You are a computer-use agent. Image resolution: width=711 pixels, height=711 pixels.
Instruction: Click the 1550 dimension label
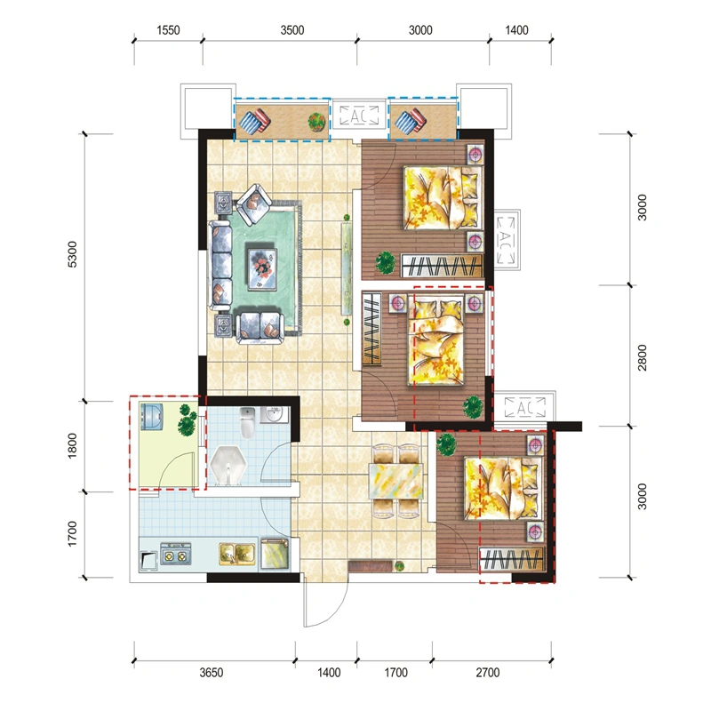(168, 30)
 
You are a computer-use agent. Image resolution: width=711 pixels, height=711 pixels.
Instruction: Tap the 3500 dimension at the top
(292, 30)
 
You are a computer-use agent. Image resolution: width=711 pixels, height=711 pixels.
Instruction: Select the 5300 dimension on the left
(72, 254)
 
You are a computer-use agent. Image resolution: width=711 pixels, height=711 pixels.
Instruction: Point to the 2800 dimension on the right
(642, 357)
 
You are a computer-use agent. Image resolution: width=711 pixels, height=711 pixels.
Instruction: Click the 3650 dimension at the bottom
(212, 673)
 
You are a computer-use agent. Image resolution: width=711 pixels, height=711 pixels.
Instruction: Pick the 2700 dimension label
(487, 673)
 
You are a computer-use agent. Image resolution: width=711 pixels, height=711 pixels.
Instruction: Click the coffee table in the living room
(262, 268)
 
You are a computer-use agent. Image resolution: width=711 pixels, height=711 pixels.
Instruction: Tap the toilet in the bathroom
(247, 422)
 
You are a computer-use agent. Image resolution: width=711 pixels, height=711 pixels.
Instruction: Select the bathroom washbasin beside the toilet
(274, 414)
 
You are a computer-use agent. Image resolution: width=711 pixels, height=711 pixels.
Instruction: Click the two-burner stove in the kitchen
(175, 554)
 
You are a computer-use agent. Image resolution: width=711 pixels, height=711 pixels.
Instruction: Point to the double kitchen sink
(237, 554)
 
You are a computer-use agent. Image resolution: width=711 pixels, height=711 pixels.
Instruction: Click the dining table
(395, 481)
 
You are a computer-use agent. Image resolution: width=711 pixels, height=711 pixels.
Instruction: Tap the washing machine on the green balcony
(151, 416)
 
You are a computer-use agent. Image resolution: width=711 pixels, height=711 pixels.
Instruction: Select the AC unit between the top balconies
(359, 116)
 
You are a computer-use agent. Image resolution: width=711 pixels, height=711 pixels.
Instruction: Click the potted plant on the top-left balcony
(316, 122)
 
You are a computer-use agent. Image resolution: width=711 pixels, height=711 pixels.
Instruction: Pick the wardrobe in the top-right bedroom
(442, 265)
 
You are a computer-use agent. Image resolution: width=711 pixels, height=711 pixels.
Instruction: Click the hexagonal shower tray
(228, 465)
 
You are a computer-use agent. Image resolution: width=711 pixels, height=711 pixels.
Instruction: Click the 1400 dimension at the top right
(516, 30)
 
